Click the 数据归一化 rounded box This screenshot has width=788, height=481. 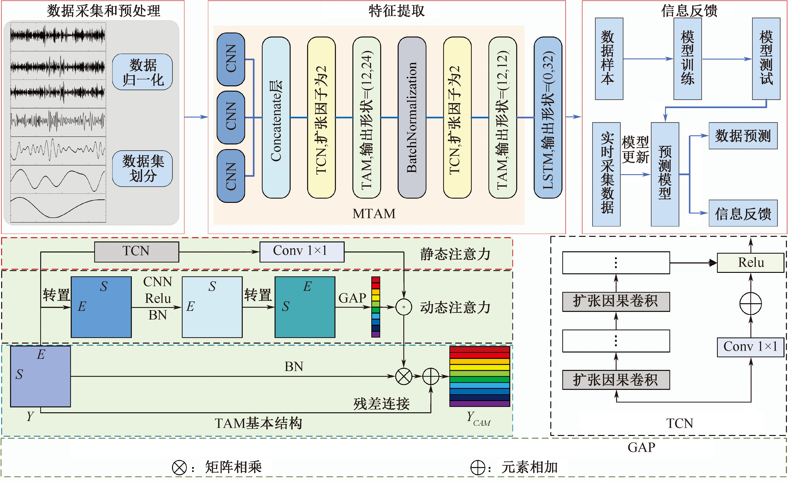(x=142, y=72)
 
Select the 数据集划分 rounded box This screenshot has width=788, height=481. (x=142, y=168)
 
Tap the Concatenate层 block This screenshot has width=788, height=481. (x=276, y=117)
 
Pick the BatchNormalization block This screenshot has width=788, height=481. (x=412, y=117)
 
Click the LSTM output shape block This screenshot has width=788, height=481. (x=548, y=117)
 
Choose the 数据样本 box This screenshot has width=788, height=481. (x=609, y=59)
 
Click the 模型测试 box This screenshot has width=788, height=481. (x=766, y=59)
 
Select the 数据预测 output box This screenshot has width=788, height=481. (x=743, y=136)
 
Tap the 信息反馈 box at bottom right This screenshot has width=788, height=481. (x=743, y=214)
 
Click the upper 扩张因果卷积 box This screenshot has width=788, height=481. (x=616, y=301)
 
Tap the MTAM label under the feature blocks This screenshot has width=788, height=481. (x=374, y=214)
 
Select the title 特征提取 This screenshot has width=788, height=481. (x=397, y=11)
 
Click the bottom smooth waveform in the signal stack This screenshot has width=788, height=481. (x=58, y=208)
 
